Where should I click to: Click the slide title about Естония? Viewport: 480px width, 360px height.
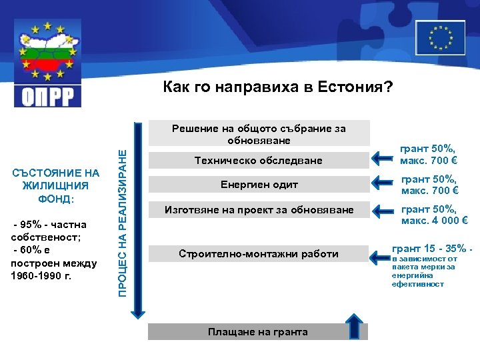click(279, 88)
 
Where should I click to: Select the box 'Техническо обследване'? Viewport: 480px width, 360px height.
click(258, 161)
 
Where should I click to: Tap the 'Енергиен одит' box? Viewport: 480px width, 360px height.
click(258, 185)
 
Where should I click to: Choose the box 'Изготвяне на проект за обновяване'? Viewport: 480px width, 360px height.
click(258, 211)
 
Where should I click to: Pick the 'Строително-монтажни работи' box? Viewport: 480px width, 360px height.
click(258, 254)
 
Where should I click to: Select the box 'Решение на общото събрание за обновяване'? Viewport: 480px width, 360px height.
click(259, 133)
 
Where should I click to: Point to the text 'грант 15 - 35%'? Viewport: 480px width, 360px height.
click(433, 248)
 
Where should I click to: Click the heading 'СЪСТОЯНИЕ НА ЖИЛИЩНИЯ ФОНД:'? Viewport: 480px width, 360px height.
click(55, 186)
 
